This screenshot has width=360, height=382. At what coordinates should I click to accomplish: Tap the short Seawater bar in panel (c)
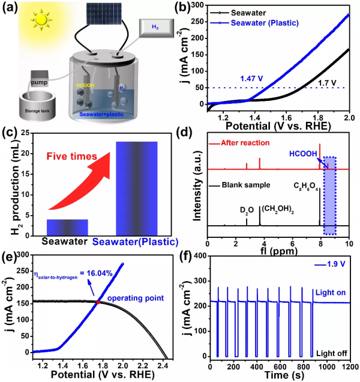pyautogui.click(x=68, y=227)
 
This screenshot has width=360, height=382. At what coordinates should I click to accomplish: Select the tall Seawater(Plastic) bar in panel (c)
pyautogui.click(x=137, y=188)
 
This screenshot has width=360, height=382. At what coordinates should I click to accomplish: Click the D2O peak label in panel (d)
pyautogui.click(x=246, y=210)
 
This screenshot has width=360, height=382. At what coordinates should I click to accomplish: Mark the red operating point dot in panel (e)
pyautogui.click(x=98, y=302)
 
